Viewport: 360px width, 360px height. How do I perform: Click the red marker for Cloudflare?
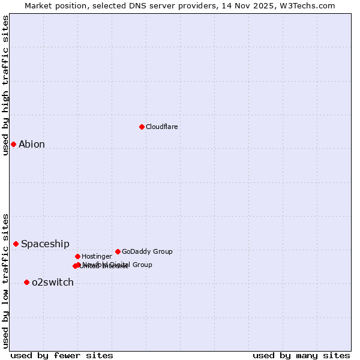click(x=142, y=127)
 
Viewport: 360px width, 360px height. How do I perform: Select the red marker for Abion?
click(x=13, y=144)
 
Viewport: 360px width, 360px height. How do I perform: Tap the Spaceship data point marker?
click(x=16, y=244)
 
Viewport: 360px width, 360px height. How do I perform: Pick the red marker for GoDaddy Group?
click(x=118, y=251)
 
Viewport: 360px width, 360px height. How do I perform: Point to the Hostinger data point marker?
click(x=77, y=256)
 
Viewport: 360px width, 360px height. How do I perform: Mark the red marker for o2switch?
click(x=26, y=282)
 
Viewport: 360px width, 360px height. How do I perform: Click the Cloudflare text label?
click(x=162, y=127)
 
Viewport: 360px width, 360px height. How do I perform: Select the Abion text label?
click(x=32, y=144)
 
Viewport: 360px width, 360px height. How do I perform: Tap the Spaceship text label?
click(x=45, y=244)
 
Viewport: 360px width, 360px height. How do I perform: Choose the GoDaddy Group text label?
click(x=147, y=251)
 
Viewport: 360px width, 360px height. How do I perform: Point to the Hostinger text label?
click(x=97, y=256)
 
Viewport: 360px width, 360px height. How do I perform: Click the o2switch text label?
click(x=53, y=282)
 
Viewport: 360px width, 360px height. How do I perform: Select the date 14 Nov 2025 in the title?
click(x=245, y=5)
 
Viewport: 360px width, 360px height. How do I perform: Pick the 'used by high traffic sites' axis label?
click(x=5, y=85)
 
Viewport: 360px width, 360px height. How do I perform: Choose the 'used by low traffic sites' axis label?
click(x=5, y=281)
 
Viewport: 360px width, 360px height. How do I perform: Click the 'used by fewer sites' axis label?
click(x=62, y=355)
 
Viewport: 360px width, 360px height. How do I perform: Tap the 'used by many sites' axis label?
click(x=301, y=355)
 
